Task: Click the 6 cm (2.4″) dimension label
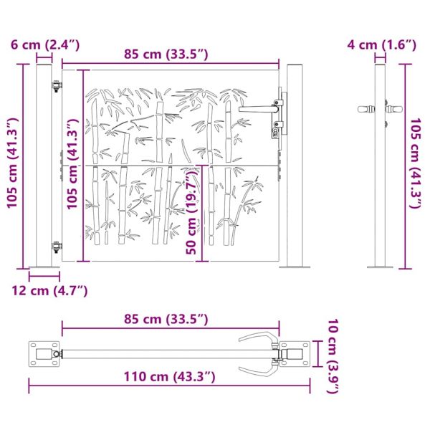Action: click(45, 45)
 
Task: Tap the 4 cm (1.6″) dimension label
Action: click(382, 45)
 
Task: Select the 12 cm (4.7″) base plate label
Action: click(49, 291)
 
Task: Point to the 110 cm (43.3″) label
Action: click(169, 376)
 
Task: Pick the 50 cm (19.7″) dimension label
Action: click(191, 211)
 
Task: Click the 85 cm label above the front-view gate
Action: click(166, 54)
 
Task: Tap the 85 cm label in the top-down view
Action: click(166, 319)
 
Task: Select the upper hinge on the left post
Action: click(57, 86)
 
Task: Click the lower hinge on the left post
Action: click(57, 247)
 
